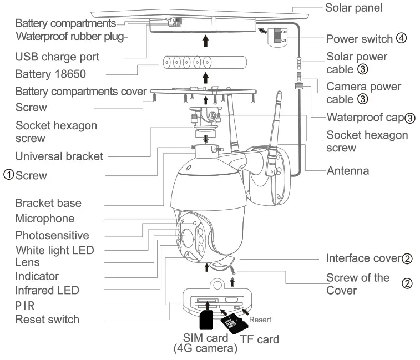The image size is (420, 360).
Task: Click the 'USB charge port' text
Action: pyautogui.click(x=57, y=57)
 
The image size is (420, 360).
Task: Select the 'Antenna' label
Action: pyautogui.click(x=347, y=171)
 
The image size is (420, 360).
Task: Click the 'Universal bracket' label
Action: pyautogui.click(x=59, y=156)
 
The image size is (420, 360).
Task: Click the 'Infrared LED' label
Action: pyautogui.click(x=47, y=290)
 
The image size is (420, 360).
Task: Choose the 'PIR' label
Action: pyautogui.click(x=26, y=305)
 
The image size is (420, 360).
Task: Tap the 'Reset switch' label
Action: pyautogui.click(x=47, y=319)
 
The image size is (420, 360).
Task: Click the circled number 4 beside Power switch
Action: pyautogui.click(x=402, y=39)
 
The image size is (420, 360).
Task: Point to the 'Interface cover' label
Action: pyautogui.click(x=363, y=258)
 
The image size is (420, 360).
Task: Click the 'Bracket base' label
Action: pyautogui.click(x=48, y=203)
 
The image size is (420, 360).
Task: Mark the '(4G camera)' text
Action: pyautogui.click(x=205, y=349)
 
